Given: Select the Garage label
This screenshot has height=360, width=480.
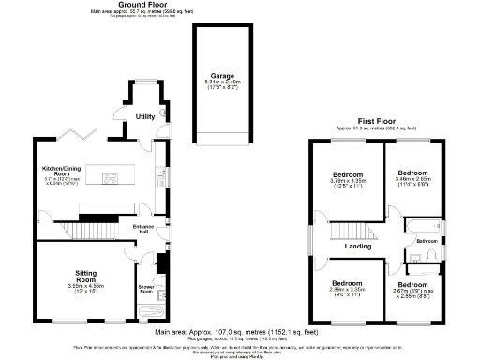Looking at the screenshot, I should click(220, 76).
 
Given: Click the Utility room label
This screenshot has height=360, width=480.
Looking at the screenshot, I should click(144, 116).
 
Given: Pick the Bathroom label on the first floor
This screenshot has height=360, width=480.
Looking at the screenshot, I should click(427, 241).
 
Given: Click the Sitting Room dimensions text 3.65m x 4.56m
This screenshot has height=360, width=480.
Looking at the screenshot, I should click(86, 285).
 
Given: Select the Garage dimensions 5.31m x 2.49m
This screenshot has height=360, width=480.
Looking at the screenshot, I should click(220, 83).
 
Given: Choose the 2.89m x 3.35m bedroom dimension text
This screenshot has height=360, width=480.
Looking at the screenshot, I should click(348, 291).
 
